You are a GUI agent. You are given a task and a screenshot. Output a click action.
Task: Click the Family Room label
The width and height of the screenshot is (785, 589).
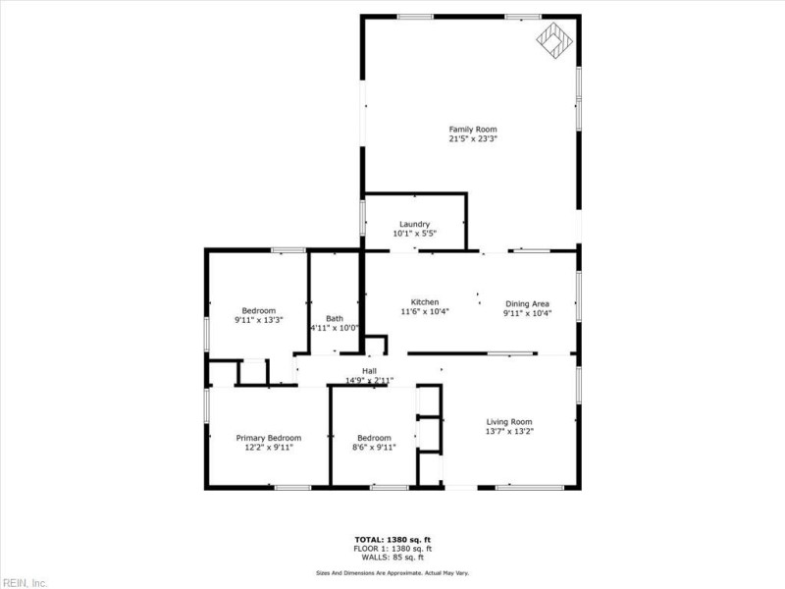473,130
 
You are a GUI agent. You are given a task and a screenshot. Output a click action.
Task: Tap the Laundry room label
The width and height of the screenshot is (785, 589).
414,224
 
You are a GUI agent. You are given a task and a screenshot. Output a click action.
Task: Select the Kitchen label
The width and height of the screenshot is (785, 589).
425,302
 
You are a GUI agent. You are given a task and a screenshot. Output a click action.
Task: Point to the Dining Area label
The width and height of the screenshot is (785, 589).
527,303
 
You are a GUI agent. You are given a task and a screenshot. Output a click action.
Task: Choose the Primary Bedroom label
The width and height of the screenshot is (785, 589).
268,438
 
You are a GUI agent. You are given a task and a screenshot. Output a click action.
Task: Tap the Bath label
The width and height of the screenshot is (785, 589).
335,318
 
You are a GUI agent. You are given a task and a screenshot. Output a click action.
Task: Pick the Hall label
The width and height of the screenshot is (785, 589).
369,371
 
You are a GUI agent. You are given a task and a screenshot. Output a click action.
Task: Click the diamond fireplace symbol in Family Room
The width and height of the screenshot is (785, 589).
554,40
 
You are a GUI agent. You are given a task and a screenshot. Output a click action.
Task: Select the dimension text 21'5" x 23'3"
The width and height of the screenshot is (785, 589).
473,139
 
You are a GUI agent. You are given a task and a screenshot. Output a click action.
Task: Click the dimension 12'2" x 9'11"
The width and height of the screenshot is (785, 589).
268,448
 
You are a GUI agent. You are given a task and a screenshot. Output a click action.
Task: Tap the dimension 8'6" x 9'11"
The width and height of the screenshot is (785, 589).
374,448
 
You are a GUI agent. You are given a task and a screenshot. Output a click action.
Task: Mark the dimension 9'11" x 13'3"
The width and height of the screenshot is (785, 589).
258,320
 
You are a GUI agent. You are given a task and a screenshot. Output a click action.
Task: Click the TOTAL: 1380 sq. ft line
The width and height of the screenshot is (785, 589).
392,540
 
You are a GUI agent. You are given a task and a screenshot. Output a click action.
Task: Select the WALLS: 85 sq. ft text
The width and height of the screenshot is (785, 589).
392,558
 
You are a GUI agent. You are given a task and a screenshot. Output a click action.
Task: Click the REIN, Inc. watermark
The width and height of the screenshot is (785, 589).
25,582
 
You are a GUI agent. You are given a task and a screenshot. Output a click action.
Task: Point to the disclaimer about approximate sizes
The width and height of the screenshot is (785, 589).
392,573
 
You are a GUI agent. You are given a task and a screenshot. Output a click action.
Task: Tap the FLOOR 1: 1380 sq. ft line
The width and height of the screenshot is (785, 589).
392,549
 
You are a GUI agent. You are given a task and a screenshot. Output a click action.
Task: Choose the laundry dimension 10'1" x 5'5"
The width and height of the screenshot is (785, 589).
414,234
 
